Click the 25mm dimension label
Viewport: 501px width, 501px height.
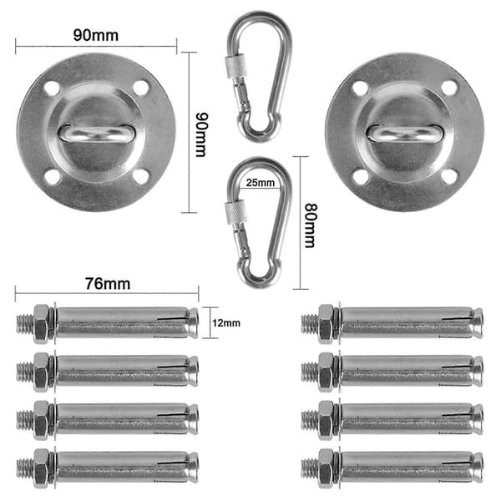[260, 183]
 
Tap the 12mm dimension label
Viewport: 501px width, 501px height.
[226, 323]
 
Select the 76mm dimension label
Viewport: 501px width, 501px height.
[108, 284]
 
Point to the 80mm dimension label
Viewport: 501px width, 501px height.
[309, 225]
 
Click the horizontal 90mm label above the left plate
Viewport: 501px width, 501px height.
[96, 35]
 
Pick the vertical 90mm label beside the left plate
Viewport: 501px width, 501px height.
[201, 134]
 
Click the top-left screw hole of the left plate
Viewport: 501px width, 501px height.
[52, 89]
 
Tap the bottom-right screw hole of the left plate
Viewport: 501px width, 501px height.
[140, 177]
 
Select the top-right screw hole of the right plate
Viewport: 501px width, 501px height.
[449, 89]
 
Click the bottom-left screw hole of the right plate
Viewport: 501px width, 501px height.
[361, 177]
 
